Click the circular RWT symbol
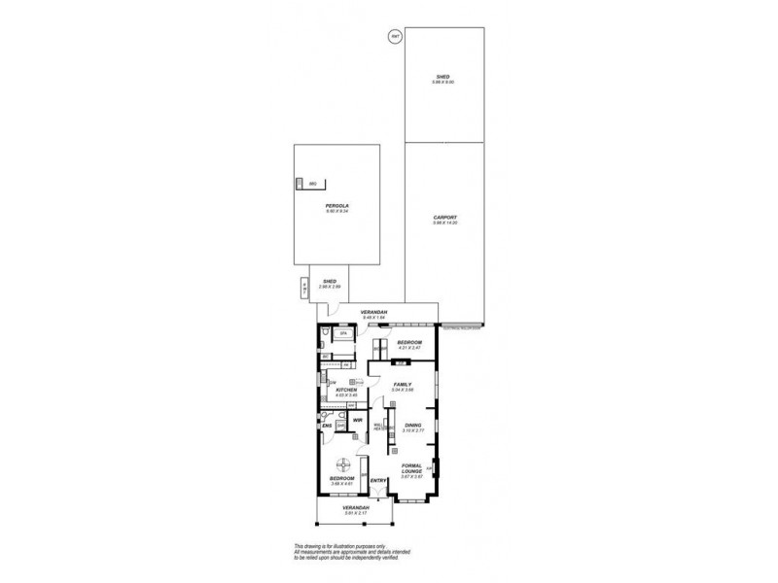[x=395, y=37]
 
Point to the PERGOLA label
[x=337, y=207]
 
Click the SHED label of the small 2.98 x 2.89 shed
[x=330, y=281]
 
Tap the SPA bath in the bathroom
[x=343, y=333]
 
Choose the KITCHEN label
[x=347, y=390]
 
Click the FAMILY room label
[x=403, y=385]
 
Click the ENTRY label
[x=379, y=480]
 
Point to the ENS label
[x=328, y=426]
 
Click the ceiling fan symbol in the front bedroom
[x=342, y=463]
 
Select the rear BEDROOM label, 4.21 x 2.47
[x=408, y=343]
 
